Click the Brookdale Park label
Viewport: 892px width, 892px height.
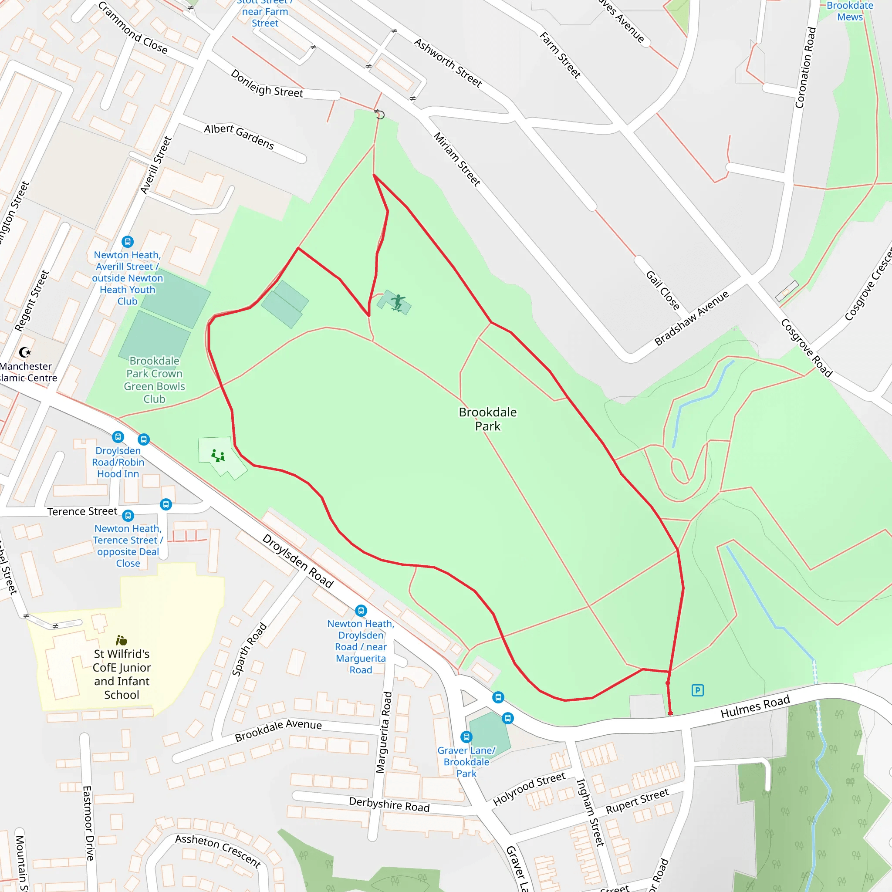(487, 419)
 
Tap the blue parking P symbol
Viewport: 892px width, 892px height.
(697, 691)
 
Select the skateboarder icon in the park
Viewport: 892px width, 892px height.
(398, 302)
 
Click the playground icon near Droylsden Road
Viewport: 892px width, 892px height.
(218, 456)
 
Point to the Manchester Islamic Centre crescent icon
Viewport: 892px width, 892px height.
(25, 353)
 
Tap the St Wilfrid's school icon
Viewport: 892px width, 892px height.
(122, 640)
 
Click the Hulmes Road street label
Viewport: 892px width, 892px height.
(755, 707)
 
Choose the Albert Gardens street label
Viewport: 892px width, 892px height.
(239, 136)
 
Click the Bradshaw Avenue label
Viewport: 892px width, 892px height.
(691, 318)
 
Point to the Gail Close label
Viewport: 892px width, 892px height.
(662, 291)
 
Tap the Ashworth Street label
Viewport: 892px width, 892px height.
(448, 63)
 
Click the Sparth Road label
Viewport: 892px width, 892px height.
(249, 649)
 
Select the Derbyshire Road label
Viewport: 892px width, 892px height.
(389, 805)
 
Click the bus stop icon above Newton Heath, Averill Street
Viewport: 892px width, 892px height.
(128, 241)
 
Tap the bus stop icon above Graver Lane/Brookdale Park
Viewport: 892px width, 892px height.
(466, 737)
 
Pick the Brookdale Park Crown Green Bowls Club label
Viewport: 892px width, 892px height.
(154, 379)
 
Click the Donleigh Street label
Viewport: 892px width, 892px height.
(267, 84)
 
